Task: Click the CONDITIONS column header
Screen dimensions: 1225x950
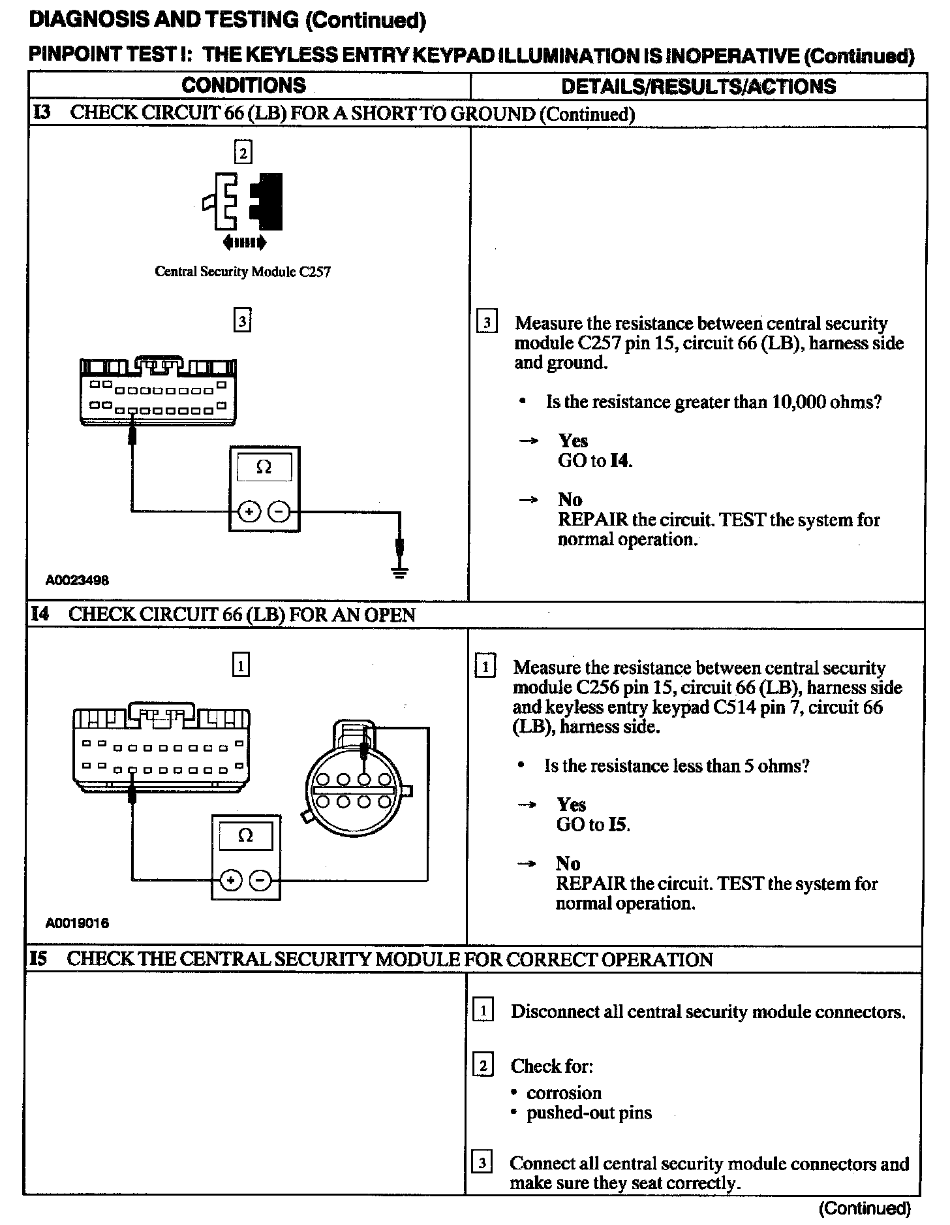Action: pos(243,86)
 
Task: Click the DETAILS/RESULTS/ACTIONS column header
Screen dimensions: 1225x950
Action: pos(698,86)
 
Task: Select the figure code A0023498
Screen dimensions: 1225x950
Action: pos(77,580)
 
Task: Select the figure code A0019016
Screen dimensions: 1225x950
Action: pos(77,923)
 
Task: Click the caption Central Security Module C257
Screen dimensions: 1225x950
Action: pos(243,272)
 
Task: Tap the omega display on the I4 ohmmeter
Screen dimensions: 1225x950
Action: pos(245,836)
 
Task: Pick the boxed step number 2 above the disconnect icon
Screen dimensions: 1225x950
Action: pos(243,153)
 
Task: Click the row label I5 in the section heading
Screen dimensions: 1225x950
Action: pos(38,959)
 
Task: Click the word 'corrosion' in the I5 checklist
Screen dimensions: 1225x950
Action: pos(564,1092)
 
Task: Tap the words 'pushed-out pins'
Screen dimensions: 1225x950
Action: pos(589,1112)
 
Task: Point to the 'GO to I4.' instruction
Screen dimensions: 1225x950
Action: pos(595,460)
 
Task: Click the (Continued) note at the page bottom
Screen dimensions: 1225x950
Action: pos(865,1209)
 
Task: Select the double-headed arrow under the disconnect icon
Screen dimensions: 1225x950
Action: pos(244,243)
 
